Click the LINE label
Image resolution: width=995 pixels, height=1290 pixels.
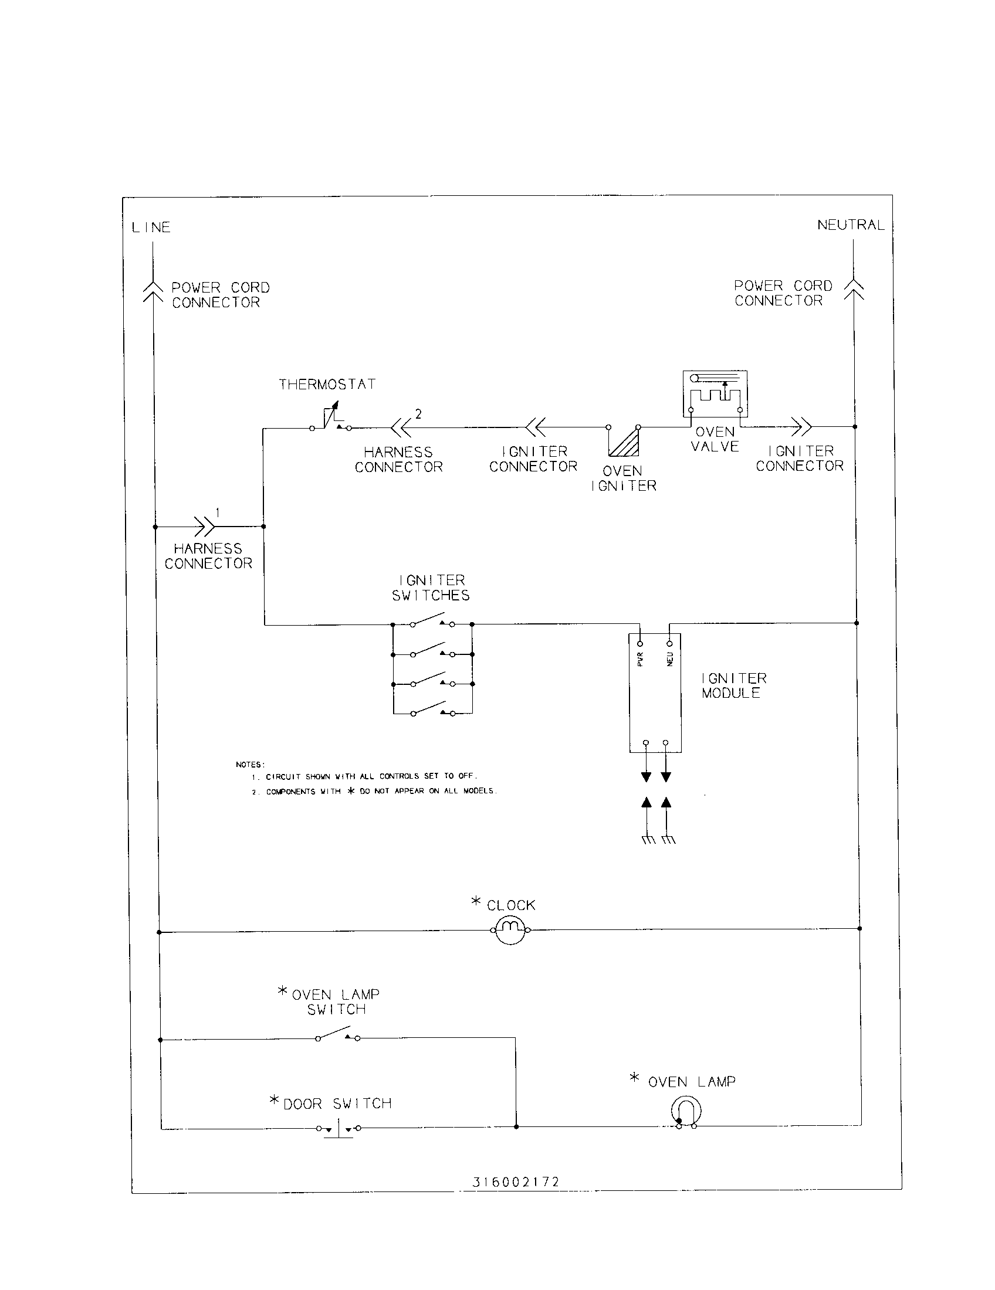pyautogui.click(x=151, y=228)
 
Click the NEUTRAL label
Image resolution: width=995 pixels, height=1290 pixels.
pyautogui.click(x=850, y=225)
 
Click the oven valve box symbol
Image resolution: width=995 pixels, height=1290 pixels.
pyautogui.click(x=715, y=393)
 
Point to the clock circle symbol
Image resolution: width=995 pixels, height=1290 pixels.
pyautogui.click(x=510, y=931)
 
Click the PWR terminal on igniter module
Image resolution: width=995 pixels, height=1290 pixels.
pyautogui.click(x=640, y=643)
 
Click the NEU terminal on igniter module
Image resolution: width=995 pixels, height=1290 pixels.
pyautogui.click(x=669, y=643)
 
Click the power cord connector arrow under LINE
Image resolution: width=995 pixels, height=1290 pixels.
pyautogui.click(x=153, y=291)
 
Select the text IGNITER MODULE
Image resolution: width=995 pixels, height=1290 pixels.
pyautogui.click(x=733, y=686)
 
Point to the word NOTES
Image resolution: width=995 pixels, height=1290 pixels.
pyautogui.click(x=250, y=764)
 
